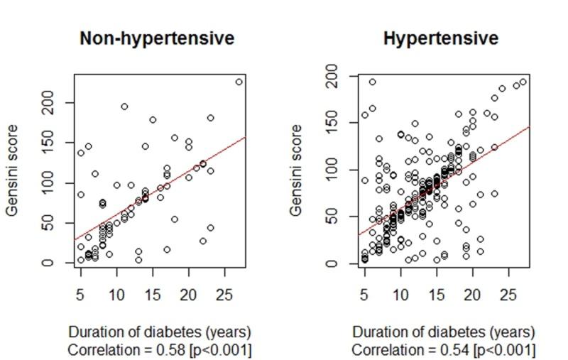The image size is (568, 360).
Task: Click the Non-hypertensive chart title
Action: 156,38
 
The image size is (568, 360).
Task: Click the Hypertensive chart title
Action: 440,38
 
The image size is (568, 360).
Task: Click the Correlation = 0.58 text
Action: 159,350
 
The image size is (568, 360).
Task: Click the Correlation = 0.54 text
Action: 444,350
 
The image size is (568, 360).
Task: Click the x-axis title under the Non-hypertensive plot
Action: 159,332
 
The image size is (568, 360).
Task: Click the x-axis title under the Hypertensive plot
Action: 444,332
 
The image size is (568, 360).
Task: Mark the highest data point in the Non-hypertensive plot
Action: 239,82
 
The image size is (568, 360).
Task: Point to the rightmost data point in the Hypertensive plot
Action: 523,82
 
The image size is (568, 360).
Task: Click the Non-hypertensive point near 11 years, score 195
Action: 124,107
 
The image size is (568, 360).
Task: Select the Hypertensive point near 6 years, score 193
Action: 372,82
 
